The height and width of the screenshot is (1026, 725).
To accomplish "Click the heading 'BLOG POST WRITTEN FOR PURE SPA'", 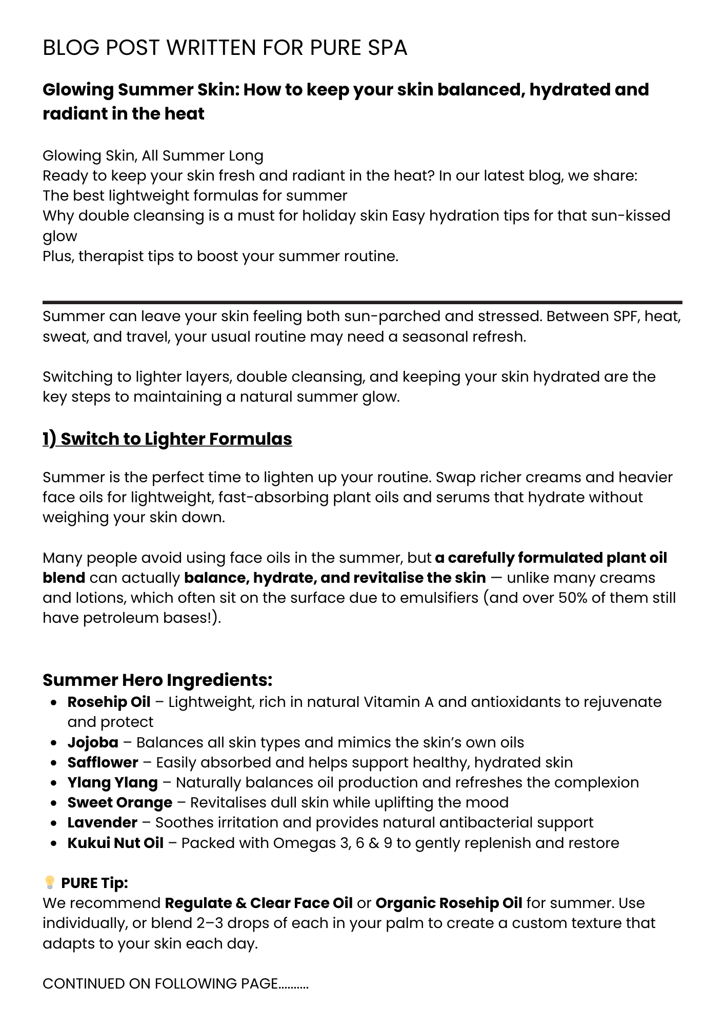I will click(225, 48).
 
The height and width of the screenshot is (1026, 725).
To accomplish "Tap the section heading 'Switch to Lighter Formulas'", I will click(176, 439).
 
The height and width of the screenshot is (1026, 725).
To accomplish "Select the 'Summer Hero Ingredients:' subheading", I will click(157, 680).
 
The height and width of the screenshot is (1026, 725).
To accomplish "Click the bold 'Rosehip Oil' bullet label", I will click(109, 702).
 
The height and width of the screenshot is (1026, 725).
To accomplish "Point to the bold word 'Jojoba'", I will click(93, 742).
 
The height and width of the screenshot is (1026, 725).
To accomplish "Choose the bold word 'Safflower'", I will click(103, 762).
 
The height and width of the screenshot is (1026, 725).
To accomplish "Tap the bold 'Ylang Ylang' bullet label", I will click(112, 782).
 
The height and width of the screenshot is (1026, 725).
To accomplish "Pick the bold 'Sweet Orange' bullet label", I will click(119, 802).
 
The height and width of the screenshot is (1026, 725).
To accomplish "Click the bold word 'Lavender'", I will click(102, 822).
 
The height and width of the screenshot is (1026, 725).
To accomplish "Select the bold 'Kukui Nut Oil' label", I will click(115, 843).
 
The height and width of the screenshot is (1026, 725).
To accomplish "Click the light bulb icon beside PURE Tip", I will click(50, 882).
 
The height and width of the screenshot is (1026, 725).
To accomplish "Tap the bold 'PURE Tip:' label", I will click(94, 883).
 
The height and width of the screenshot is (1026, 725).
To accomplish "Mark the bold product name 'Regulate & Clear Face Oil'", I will click(258, 903).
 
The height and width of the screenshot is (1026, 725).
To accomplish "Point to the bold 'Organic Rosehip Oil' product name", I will click(449, 903).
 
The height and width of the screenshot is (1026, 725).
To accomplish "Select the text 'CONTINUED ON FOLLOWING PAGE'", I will click(160, 983).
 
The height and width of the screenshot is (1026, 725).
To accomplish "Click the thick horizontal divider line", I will click(362, 303).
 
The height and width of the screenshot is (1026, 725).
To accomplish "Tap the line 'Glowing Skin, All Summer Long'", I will click(153, 155).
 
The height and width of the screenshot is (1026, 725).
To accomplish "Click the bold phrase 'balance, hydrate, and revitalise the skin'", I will click(334, 578).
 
